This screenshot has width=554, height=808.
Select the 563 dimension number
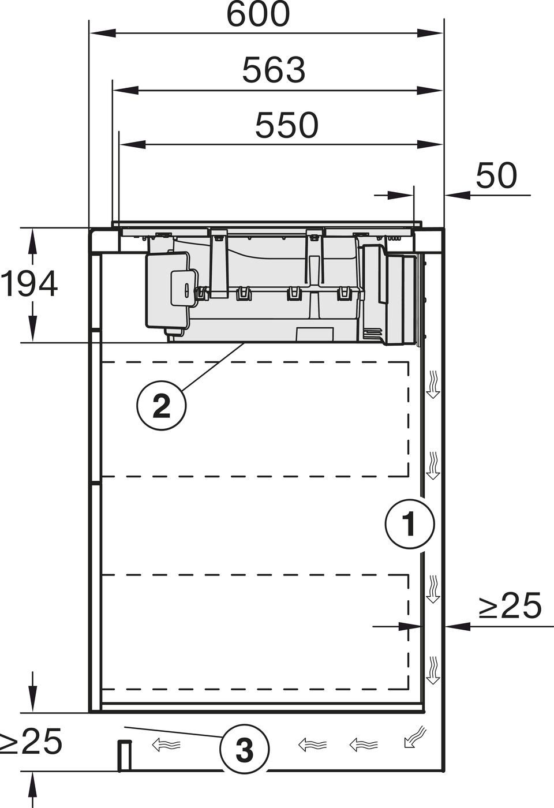[274, 70]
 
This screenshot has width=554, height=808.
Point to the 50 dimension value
[496, 175]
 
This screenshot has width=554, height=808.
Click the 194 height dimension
[29, 284]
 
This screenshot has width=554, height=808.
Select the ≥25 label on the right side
[510, 605]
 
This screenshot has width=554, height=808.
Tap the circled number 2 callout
[162, 405]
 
